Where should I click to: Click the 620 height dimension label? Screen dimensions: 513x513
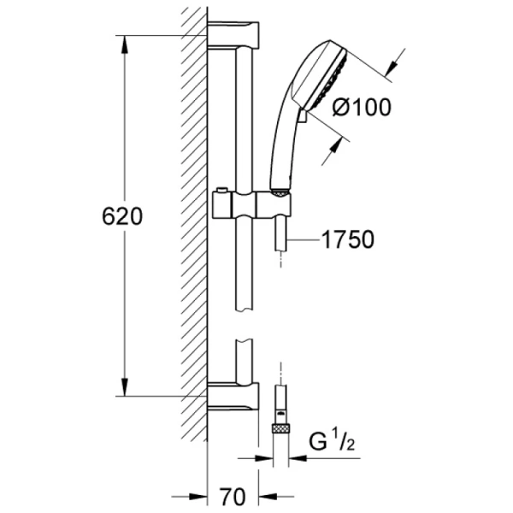122,216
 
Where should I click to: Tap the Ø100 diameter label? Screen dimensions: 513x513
362,107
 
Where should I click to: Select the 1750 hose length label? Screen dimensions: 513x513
348,239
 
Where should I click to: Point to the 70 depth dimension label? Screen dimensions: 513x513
232,497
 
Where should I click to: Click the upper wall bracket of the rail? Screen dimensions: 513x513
233,35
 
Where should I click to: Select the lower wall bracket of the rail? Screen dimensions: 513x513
233,396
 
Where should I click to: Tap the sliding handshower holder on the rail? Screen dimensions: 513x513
251,205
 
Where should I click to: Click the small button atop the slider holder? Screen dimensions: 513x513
221,191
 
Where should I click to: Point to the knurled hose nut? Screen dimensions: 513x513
281,428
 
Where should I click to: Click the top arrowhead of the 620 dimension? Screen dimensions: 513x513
124,44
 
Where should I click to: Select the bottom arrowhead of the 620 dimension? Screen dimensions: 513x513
124,387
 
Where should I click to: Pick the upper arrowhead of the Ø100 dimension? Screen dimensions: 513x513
391,68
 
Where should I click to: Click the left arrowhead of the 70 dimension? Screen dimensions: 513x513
198,497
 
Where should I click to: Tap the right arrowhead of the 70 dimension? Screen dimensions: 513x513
268,497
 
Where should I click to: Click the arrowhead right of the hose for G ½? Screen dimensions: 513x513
298,458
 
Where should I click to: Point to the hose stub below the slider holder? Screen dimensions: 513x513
281,234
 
